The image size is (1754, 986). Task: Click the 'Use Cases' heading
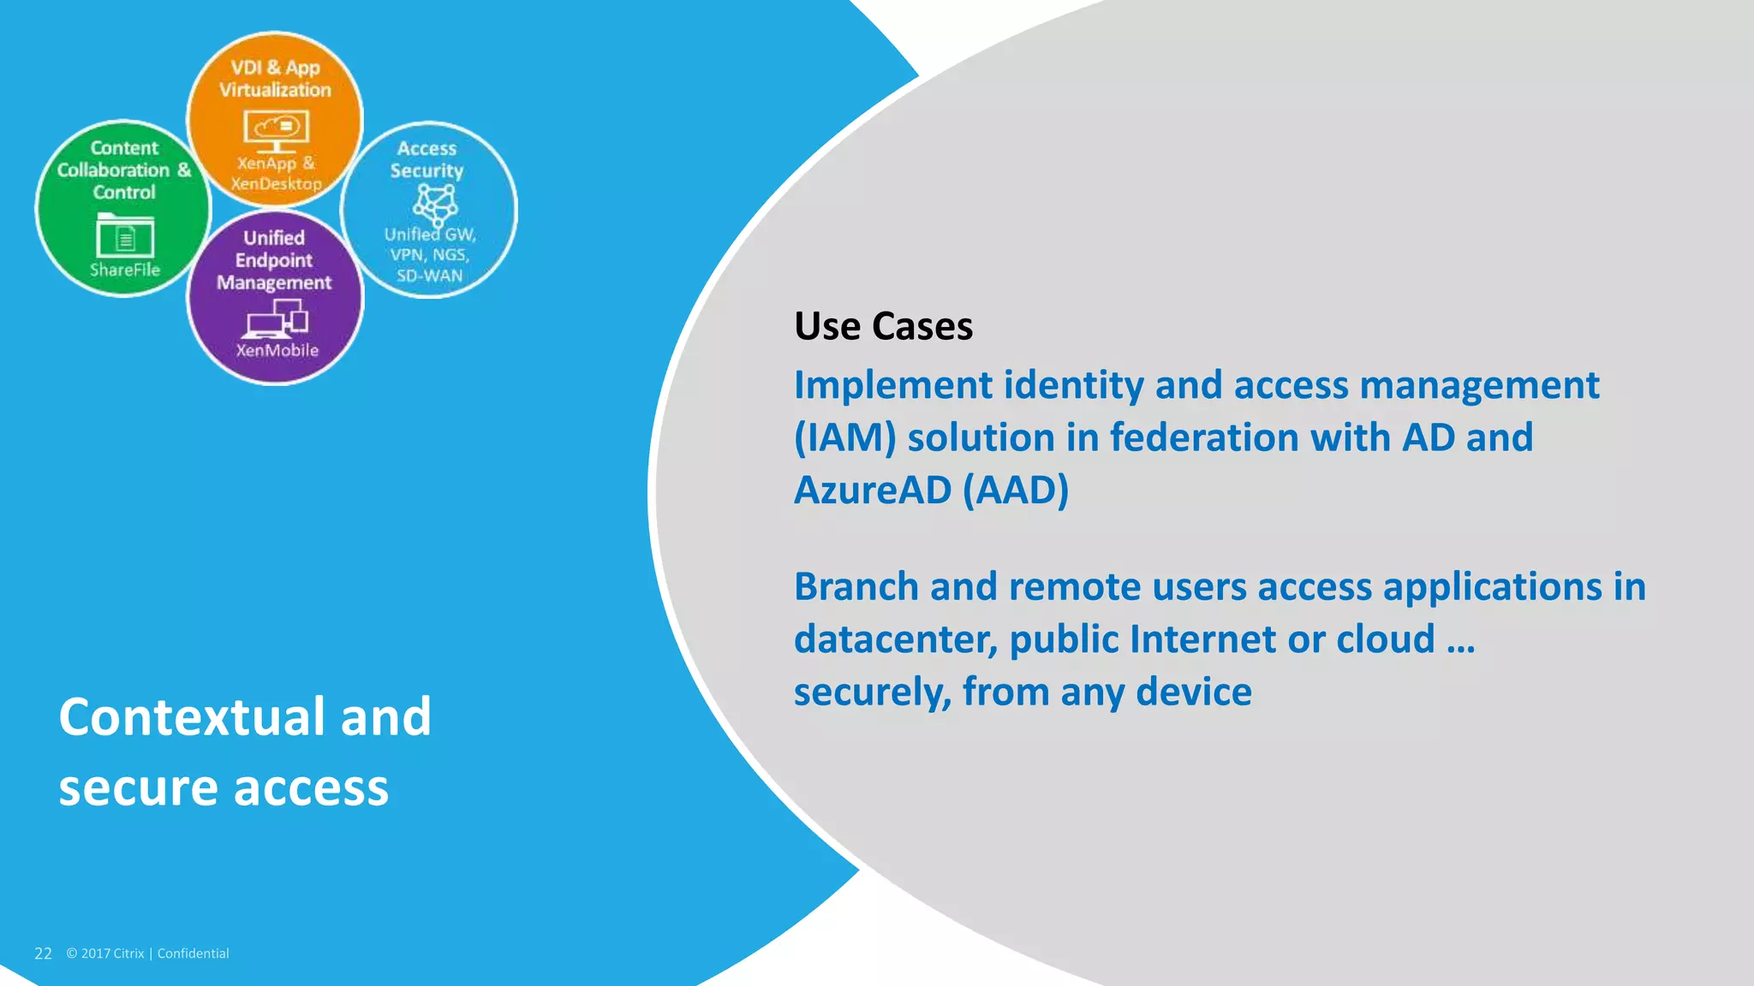click(883, 327)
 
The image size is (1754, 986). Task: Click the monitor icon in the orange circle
click(276, 130)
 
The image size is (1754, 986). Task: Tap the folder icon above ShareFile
click(125, 236)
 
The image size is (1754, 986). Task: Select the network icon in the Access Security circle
click(435, 204)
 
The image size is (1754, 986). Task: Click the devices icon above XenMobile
click(277, 323)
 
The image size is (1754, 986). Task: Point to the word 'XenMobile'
click(277, 350)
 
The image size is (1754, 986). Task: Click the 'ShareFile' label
click(125, 270)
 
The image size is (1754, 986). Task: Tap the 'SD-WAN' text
click(429, 276)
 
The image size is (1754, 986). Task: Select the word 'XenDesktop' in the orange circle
click(276, 183)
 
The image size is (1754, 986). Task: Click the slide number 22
click(43, 953)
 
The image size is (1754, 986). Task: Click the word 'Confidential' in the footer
click(193, 953)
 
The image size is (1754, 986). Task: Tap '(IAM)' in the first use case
click(844, 438)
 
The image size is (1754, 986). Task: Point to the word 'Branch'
click(856, 588)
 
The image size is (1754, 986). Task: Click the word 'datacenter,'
click(895, 640)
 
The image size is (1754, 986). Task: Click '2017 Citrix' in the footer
click(112, 953)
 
